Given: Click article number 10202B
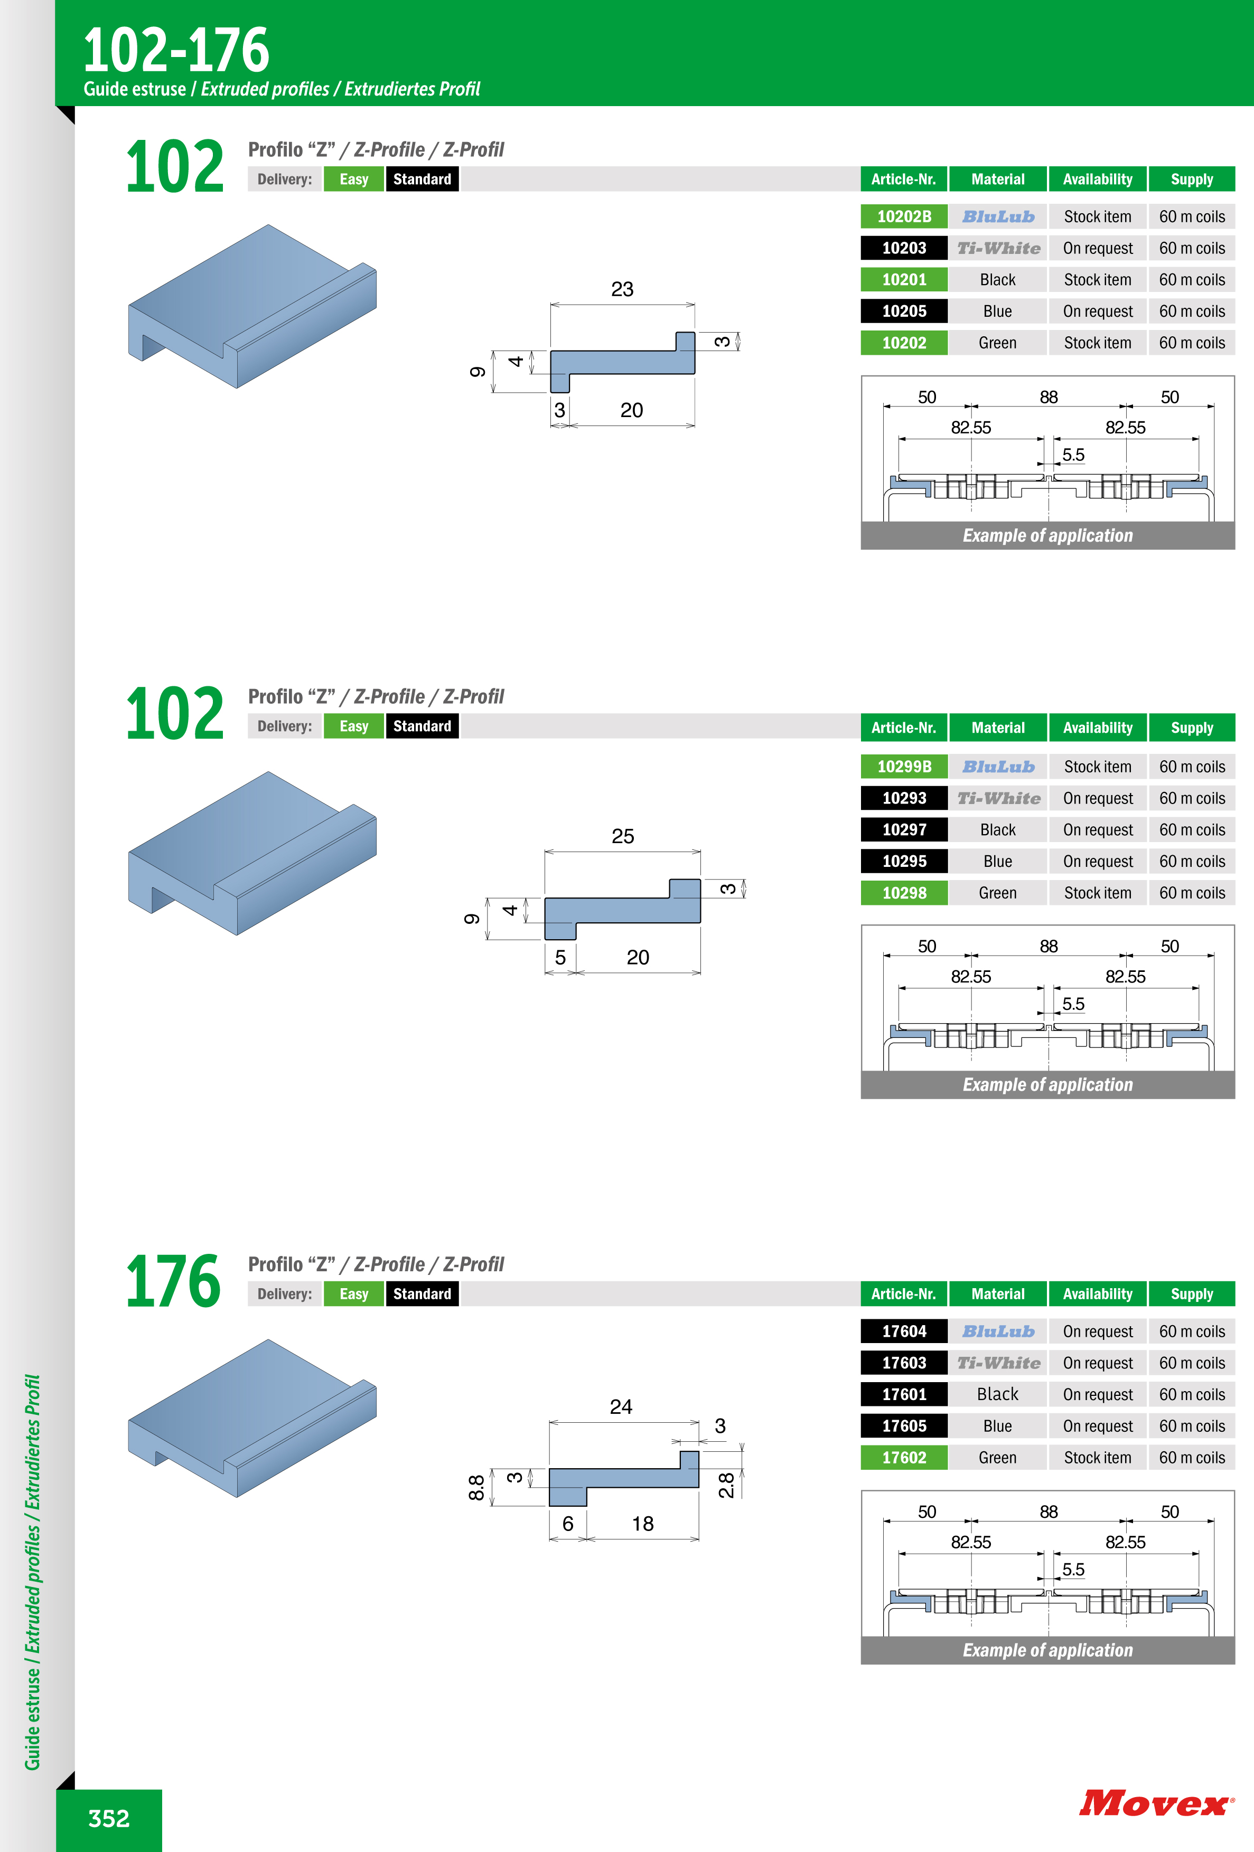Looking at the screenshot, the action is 904,217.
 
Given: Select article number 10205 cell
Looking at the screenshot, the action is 904,311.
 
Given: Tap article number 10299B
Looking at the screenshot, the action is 904,767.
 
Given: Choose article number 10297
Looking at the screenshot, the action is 904,829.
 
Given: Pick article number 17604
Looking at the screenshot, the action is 904,1331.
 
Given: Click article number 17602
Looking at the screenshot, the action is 904,1458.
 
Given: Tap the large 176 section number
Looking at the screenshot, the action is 174,1281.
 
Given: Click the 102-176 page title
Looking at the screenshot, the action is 176,50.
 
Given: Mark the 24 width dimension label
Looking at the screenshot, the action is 621,1406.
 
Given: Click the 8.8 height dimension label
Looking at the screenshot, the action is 476,1487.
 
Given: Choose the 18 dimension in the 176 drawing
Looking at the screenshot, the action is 642,1524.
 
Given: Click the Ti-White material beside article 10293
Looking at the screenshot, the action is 998,798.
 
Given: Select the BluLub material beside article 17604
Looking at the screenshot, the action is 998,1331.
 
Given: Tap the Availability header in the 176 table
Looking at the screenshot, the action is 1098,1294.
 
